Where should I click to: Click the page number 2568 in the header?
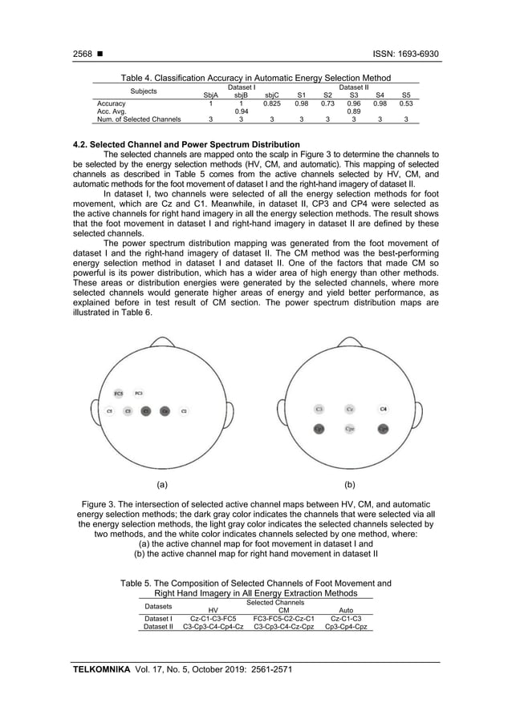pyautogui.click(x=82, y=55)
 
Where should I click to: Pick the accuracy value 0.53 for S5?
pyautogui.click(x=406, y=103)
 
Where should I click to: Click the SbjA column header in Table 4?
pyautogui.click(x=211, y=95)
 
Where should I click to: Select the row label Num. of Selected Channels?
pyautogui.click(x=138, y=119)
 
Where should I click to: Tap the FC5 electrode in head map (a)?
pyautogui.click(x=118, y=394)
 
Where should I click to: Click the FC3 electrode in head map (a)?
pyautogui.click(x=139, y=393)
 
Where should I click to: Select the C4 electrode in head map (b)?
pyautogui.click(x=383, y=409)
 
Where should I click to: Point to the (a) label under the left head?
pyautogui.click(x=161, y=485)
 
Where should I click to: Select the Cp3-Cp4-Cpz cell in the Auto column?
pyautogui.click(x=345, y=627)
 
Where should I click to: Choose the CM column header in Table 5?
pyautogui.click(x=275, y=610)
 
